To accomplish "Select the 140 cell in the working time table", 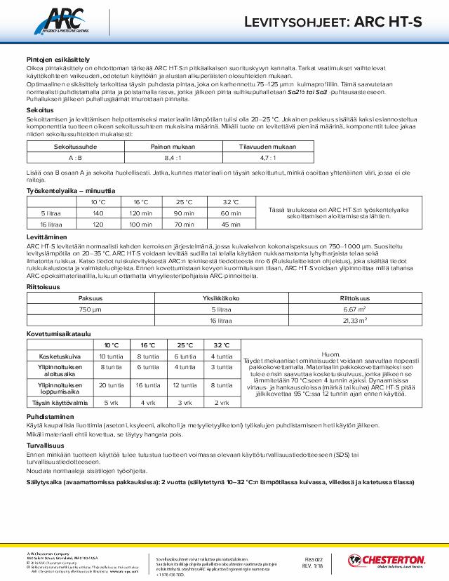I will tap(98, 213).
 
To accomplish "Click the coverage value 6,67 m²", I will tap(352, 309).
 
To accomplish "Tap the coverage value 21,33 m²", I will tap(352, 320).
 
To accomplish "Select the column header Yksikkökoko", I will tap(221, 298).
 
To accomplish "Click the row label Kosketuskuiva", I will tap(59, 356).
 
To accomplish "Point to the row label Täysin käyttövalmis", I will tap(59, 403).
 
